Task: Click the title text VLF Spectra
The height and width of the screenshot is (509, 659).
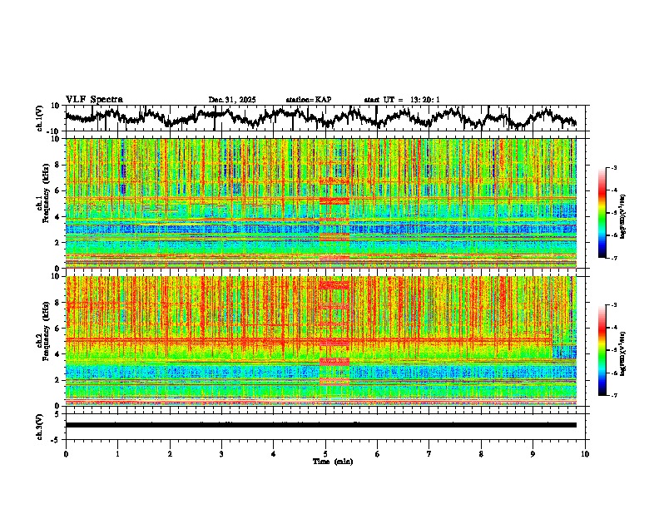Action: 94,99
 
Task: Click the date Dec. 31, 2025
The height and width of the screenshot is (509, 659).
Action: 232,100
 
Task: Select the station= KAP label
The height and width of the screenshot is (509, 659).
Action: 308,100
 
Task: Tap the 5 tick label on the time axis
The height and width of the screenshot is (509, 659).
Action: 325,453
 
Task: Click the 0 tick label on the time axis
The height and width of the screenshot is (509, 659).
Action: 66,453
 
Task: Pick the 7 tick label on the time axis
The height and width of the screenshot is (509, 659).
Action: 429,453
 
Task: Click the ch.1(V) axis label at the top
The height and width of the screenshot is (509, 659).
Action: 40,118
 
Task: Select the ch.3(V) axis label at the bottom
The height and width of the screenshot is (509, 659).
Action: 40,424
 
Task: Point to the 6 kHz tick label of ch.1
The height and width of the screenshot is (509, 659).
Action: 58,190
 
